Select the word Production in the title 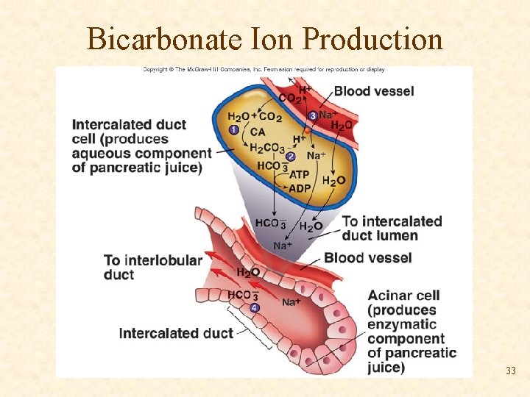(x=372, y=39)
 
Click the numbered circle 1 (x=234, y=129)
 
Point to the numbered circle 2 (x=291, y=157)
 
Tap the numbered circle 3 (x=313, y=115)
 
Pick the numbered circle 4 (x=255, y=307)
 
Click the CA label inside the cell (x=258, y=132)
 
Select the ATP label (x=300, y=174)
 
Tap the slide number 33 (x=510, y=371)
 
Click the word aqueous (x=102, y=153)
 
